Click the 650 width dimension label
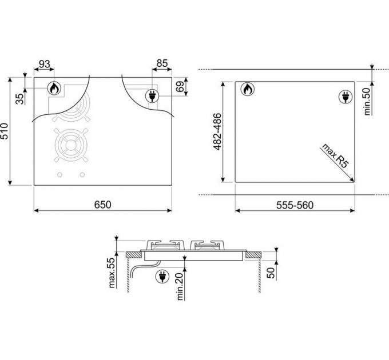(x=103, y=205)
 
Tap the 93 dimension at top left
(x=45, y=64)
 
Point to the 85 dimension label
(x=162, y=63)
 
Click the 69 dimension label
(x=180, y=86)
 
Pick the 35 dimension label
(x=21, y=99)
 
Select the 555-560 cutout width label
(x=295, y=205)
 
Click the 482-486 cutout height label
(x=217, y=131)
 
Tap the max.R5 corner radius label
(x=335, y=156)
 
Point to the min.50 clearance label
(x=367, y=102)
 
